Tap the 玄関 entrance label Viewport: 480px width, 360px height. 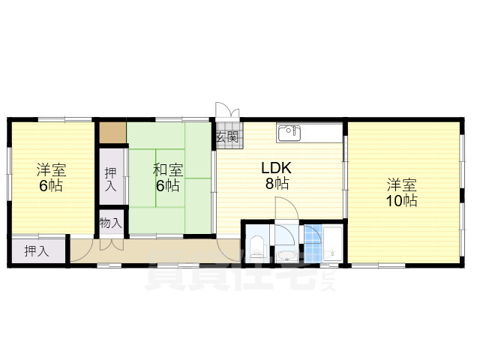tap(227, 137)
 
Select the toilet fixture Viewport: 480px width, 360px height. tap(256, 244)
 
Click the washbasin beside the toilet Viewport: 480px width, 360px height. tap(284, 256)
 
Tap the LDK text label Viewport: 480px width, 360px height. tap(275, 168)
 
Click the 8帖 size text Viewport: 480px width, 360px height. tap(276, 183)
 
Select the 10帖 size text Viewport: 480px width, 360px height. tap(403, 200)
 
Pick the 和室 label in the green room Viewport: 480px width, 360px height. tap(167, 169)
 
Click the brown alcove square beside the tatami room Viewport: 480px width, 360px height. tap(112, 133)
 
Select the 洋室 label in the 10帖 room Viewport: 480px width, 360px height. tap(402, 184)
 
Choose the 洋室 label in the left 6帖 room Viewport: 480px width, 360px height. tap(51, 169)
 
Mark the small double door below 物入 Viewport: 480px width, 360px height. tap(111, 244)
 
